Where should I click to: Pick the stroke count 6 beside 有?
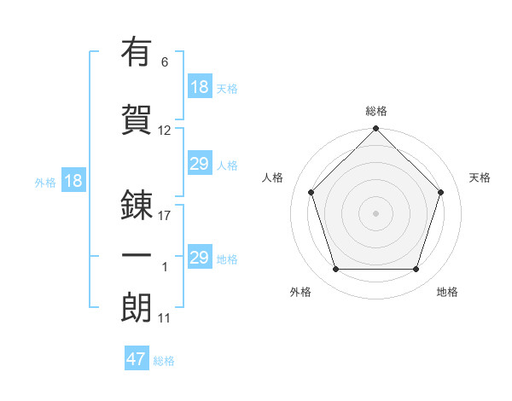coord(164,61)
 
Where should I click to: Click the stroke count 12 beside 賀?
coord(165,131)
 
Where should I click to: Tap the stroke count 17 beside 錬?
coord(165,215)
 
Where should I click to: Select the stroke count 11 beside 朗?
coord(165,318)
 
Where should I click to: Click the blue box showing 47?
coord(137,359)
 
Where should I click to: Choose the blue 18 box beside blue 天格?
coord(199,87)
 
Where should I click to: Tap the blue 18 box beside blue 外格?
coord(73,181)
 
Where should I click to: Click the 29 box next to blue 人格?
coord(199,164)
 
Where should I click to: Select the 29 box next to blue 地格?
coord(199,258)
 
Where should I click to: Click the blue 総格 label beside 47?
coord(164,361)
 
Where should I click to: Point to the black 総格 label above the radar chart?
coord(376,111)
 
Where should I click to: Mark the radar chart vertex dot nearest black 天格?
coord(441,192)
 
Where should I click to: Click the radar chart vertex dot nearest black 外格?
coord(335,270)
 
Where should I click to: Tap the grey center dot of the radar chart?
coord(375,213)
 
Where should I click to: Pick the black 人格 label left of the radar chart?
coord(273,177)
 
